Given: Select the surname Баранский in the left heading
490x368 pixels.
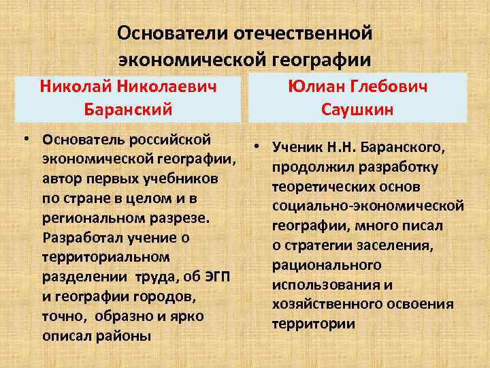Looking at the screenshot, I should click(x=128, y=108).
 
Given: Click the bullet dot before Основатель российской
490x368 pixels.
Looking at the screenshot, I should click(x=25, y=140).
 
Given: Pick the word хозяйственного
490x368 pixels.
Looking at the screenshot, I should click(x=327, y=305).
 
